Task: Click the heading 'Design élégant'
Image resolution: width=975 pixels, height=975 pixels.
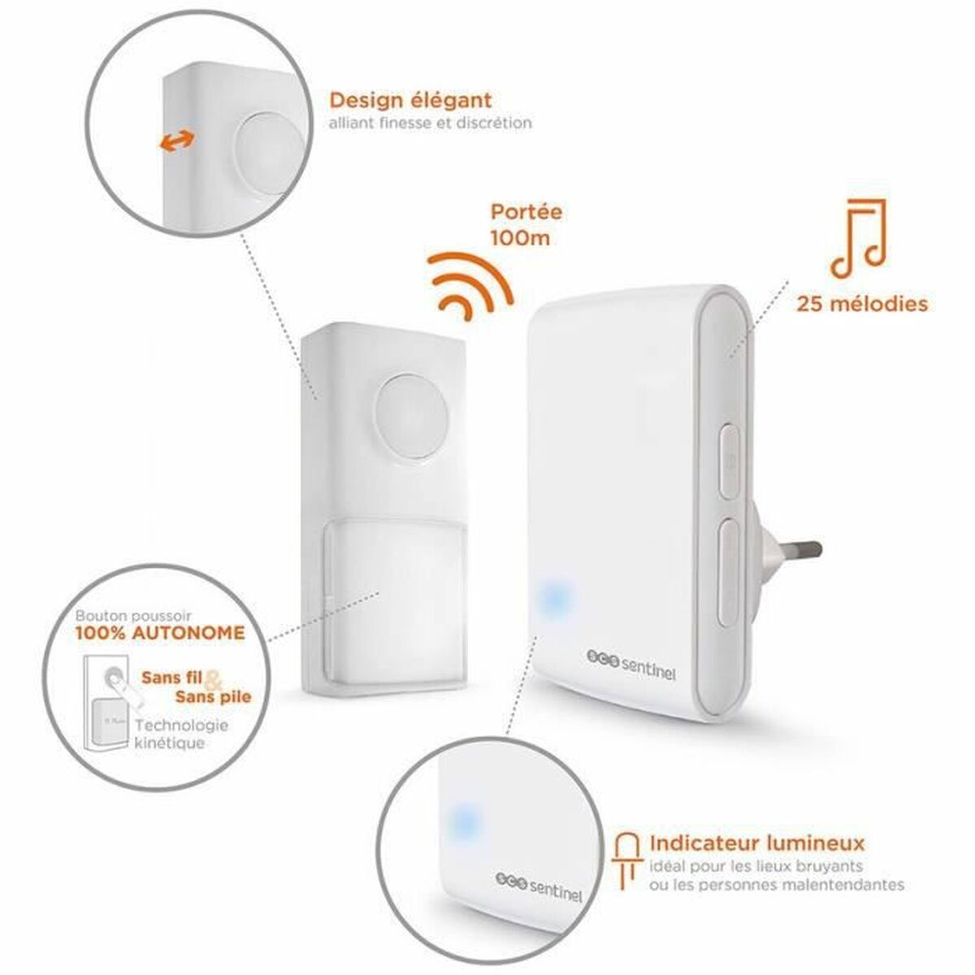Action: point(410,101)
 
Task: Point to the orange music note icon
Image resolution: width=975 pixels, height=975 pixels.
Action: point(855,234)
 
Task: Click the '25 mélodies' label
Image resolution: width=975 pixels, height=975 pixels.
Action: point(862,305)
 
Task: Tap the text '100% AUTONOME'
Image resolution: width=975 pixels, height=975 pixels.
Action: point(159,632)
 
